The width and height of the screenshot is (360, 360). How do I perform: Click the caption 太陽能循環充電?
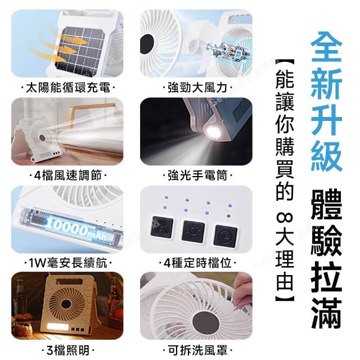[x=68, y=88]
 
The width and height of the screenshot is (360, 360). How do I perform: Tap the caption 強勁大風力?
[x=197, y=88]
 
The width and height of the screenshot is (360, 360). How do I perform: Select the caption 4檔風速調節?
[x=68, y=175]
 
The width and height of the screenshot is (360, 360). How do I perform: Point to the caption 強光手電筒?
[x=197, y=175]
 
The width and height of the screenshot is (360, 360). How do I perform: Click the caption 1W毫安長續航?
[x=68, y=263]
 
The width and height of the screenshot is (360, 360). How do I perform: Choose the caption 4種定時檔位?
[x=197, y=263]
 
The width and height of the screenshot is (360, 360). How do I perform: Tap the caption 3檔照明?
[x=68, y=350]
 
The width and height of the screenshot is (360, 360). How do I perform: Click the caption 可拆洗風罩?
[x=197, y=350]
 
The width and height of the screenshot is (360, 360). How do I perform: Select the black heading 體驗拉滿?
[x=326, y=259]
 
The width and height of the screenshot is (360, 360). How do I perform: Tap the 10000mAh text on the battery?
[x=77, y=228]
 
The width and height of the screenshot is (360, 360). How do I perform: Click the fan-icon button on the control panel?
[x=162, y=227]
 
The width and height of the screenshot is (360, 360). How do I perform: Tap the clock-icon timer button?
[x=225, y=236]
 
